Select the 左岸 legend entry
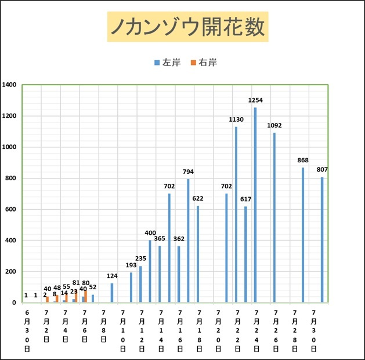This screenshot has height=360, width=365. click(x=167, y=62)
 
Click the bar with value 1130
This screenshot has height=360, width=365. click(x=236, y=214)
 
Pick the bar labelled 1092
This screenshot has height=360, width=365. click(x=274, y=217)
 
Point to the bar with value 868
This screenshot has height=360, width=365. click(x=303, y=235)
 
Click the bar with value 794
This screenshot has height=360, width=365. click(x=188, y=241)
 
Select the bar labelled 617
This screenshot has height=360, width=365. click(x=245, y=254)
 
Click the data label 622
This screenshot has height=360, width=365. click(x=198, y=199)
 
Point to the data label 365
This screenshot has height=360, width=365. click(x=160, y=239)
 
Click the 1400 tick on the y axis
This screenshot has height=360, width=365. click(x=9, y=85)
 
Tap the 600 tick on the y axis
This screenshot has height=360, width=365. click(x=10, y=209)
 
